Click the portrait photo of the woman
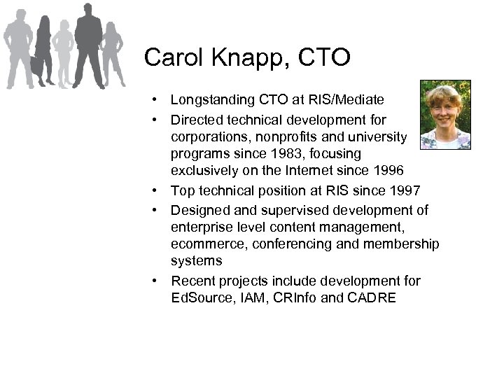click(445, 115)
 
